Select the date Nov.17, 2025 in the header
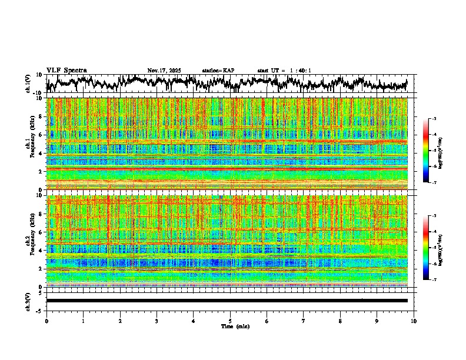click(164, 71)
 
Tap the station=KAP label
click(218, 71)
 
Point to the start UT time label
click(284, 71)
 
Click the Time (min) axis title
click(230, 326)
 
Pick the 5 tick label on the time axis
click(230, 321)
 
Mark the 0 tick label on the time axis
click(46, 321)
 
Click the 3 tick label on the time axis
click(157, 321)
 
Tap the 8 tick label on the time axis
click(340, 321)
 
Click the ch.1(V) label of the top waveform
click(28, 84)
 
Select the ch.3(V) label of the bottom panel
click(28, 301)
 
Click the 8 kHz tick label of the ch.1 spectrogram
click(39, 116)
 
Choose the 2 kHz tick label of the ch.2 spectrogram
click(39, 268)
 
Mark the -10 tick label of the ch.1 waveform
click(37, 92)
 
